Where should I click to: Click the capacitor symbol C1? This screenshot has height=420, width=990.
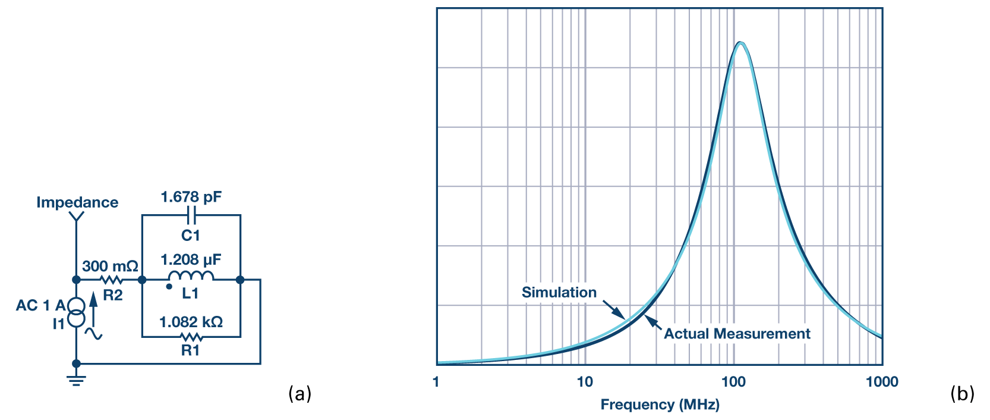pos(191,215)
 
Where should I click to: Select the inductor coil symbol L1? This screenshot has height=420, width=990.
pos(191,276)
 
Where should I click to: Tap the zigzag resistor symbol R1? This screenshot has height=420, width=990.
pos(191,337)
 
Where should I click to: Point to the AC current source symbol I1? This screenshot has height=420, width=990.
pos(75,313)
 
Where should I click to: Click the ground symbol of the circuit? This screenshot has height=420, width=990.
pos(76,379)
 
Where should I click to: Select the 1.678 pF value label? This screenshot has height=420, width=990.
pos(191,197)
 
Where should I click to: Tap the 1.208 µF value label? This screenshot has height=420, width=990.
pos(191,259)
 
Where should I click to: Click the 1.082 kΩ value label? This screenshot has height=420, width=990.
pos(191,322)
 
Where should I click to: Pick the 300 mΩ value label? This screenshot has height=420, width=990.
pos(110,266)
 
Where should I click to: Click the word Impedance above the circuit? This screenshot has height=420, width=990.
pos(77,202)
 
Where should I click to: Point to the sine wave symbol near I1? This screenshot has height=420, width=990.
pos(93,334)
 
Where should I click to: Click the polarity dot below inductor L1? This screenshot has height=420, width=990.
pos(169,287)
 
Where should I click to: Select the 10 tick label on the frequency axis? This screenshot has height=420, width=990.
pos(585,382)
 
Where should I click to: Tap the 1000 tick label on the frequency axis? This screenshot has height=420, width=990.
pos(882,382)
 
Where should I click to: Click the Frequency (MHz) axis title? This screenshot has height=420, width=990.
pos(660,405)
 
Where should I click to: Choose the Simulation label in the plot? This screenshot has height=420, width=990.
pos(559,292)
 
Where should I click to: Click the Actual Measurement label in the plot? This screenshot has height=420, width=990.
pos(737,334)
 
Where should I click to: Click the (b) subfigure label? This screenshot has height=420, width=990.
pos(962,393)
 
